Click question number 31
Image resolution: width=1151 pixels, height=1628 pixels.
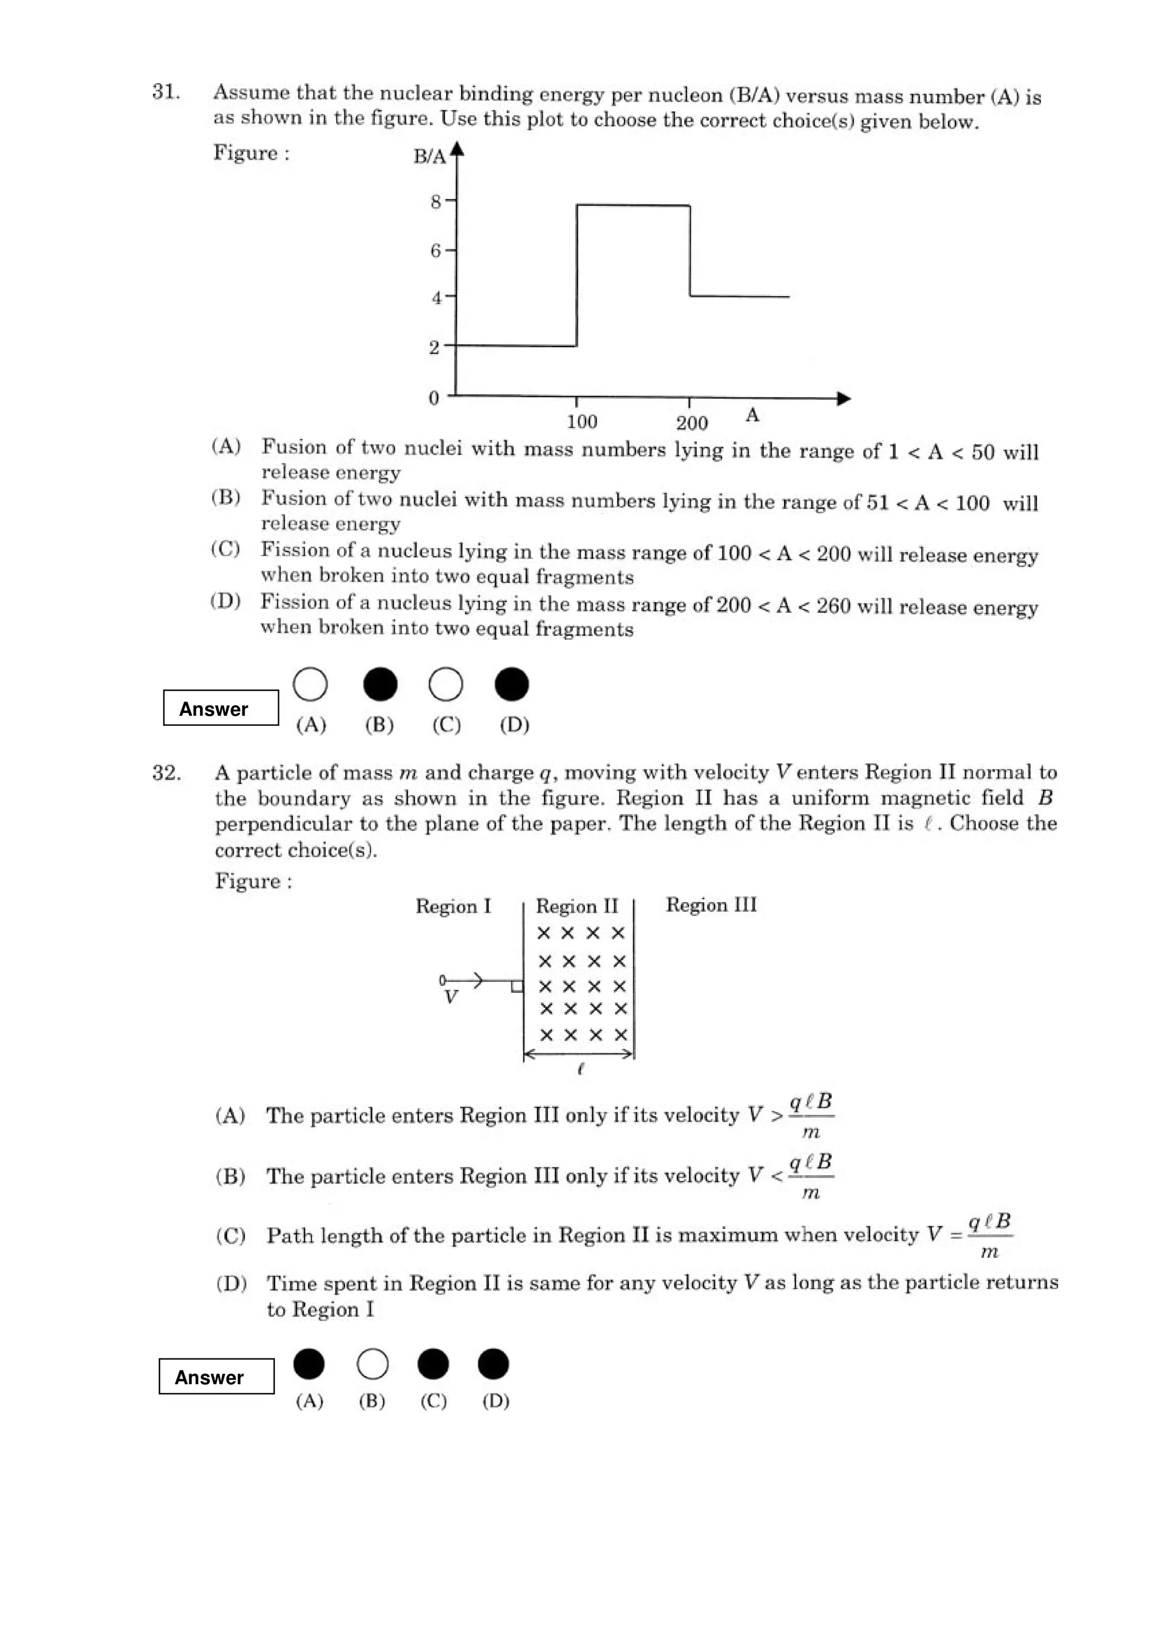coord(165,92)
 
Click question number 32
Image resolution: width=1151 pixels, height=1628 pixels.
coord(166,773)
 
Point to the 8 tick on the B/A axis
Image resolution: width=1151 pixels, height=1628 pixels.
coord(436,202)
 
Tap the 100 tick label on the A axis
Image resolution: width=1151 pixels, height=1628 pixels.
coord(582,422)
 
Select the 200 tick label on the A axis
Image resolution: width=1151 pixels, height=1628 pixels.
coord(691,424)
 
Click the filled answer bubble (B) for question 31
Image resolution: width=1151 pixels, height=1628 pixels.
coord(380,684)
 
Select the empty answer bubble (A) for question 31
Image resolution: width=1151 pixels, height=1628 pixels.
coord(310,684)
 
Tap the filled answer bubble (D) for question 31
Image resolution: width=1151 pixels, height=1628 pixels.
coord(511,684)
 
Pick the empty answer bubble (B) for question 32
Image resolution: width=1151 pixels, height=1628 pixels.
coord(372,1363)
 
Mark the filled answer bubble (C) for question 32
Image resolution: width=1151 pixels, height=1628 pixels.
coord(433,1363)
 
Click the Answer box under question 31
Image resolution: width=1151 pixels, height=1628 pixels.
coord(220,708)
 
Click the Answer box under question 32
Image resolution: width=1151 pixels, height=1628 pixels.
coord(216,1376)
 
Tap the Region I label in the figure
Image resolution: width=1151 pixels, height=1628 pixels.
coord(452,907)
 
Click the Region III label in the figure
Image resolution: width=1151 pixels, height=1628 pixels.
coord(710,906)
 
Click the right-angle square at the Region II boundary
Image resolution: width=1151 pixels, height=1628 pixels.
coord(516,986)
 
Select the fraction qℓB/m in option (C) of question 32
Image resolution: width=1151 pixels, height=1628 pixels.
coord(989,1235)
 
